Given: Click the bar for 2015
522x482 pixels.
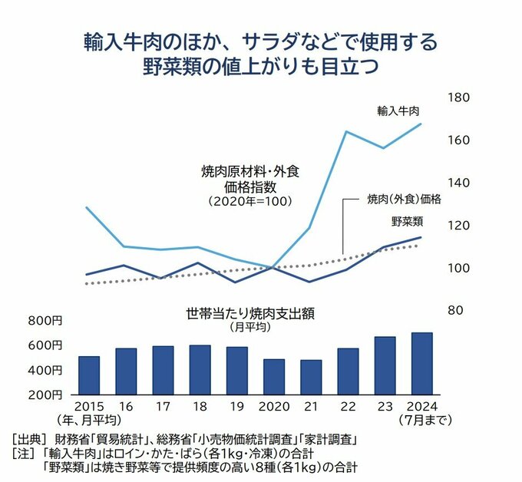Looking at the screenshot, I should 89,375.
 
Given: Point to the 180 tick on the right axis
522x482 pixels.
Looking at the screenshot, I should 458,98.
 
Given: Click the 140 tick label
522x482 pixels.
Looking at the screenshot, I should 458,183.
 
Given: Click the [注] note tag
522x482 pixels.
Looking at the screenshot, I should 23,453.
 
